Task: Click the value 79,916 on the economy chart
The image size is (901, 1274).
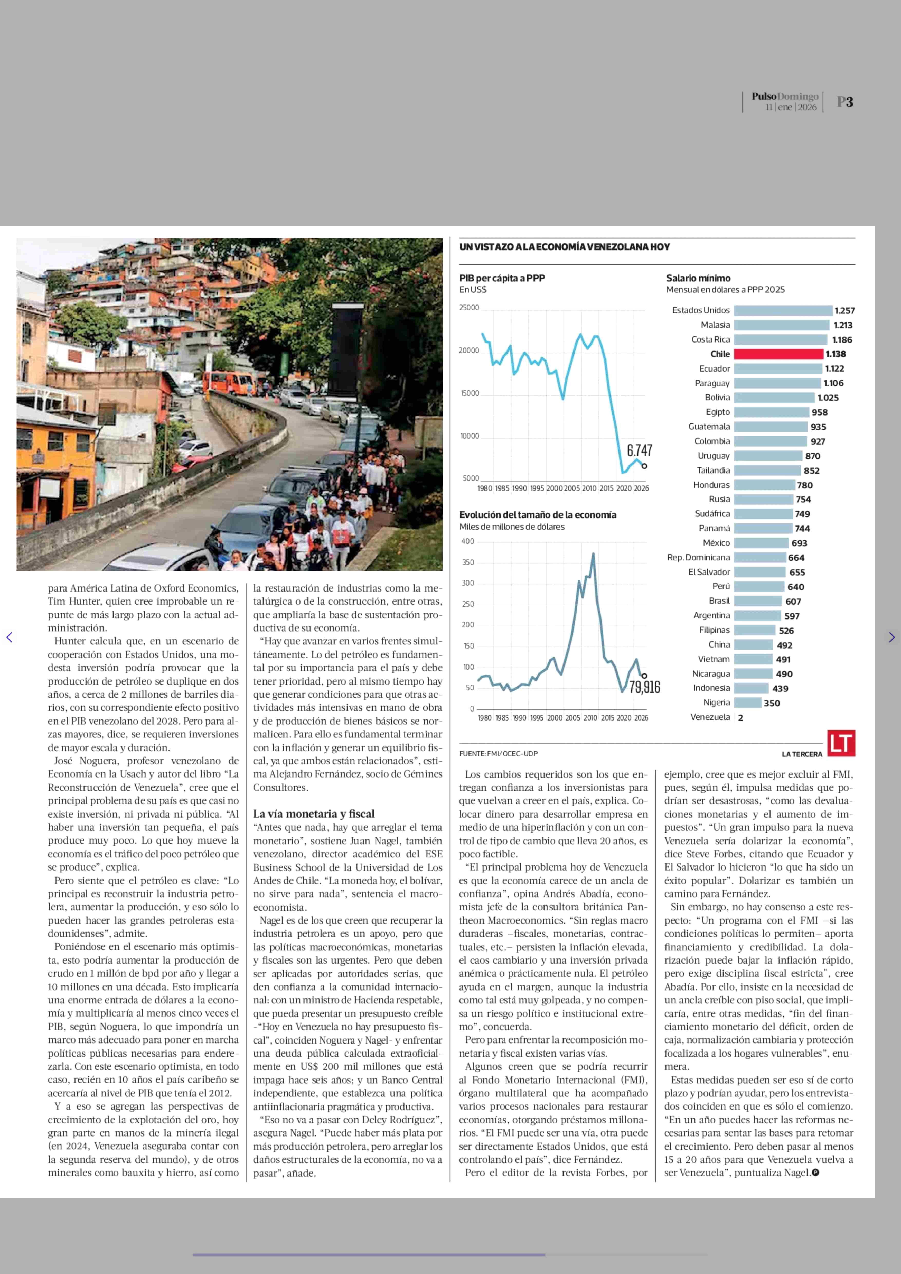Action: pos(644,687)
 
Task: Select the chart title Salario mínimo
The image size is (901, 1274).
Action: pos(698,278)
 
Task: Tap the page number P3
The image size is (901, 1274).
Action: pos(844,102)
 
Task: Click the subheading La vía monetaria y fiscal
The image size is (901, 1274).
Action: pos(313,814)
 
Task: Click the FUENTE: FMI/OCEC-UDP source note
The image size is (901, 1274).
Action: pos(498,754)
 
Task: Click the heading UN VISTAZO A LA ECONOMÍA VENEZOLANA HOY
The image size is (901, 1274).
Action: pos(564,247)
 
